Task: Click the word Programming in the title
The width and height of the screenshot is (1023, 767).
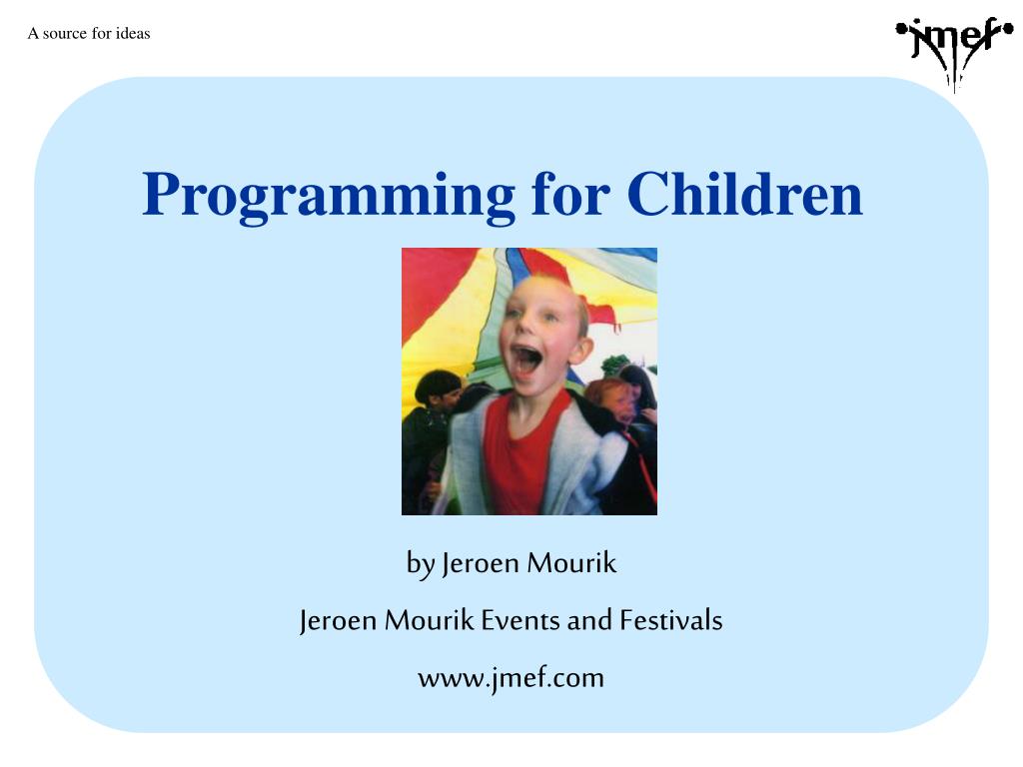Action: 329,196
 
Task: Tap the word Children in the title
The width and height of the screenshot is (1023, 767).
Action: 744,194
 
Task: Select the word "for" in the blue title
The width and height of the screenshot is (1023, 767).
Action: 571,194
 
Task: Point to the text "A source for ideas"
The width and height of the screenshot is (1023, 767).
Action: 89,33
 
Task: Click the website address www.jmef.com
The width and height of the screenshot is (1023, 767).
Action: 511,678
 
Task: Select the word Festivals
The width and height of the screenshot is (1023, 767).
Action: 670,620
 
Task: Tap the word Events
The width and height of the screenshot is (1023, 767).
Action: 519,620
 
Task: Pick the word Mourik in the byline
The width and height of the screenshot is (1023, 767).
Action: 571,563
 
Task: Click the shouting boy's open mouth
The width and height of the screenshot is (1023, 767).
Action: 527,361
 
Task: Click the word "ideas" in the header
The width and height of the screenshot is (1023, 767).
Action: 133,33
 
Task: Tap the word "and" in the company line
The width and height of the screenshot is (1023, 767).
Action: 589,620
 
